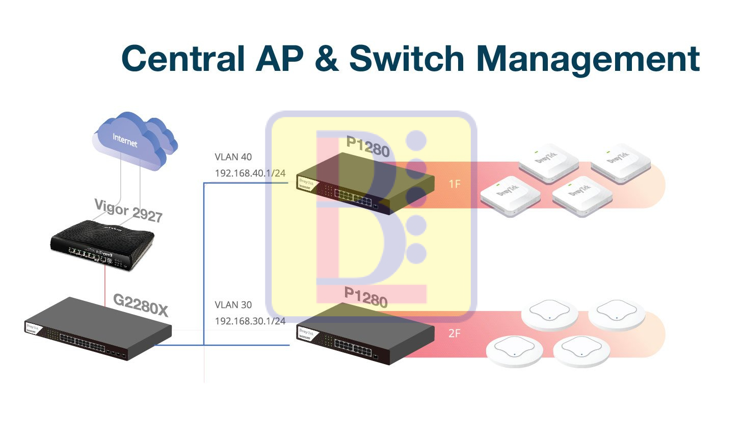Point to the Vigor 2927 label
(x=128, y=211)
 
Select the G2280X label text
(x=141, y=304)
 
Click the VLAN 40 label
(x=233, y=157)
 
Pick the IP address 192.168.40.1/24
(x=250, y=173)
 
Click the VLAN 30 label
(x=233, y=305)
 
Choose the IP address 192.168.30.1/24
(x=250, y=321)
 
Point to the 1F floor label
(x=455, y=184)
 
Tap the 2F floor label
(x=455, y=334)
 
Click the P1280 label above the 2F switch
(x=366, y=297)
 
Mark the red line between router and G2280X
(x=105, y=286)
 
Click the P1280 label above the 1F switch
(x=368, y=147)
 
